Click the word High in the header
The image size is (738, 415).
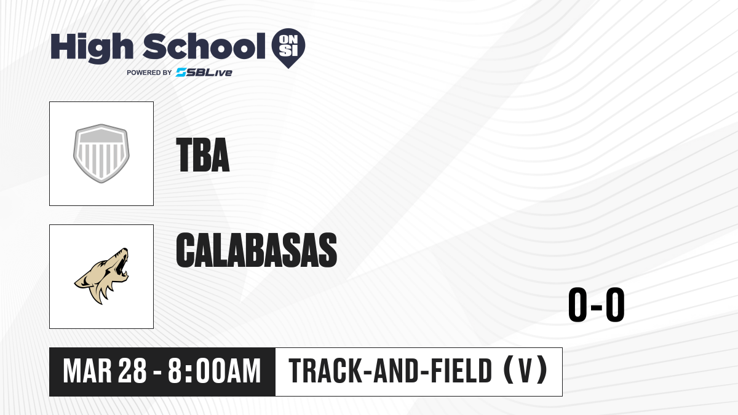click(x=92, y=48)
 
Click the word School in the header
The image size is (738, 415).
click(x=204, y=46)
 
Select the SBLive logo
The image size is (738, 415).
click(x=204, y=73)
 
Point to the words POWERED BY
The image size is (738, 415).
click(x=149, y=73)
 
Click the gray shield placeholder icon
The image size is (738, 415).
click(x=101, y=154)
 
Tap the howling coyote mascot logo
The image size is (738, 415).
click(x=101, y=276)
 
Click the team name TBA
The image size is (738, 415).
click(x=202, y=155)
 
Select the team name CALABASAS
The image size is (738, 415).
click(x=256, y=250)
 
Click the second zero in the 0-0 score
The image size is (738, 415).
click(x=615, y=305)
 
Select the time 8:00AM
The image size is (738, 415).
click(x=214, y=371)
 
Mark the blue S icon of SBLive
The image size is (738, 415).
click(x=181, y=73)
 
